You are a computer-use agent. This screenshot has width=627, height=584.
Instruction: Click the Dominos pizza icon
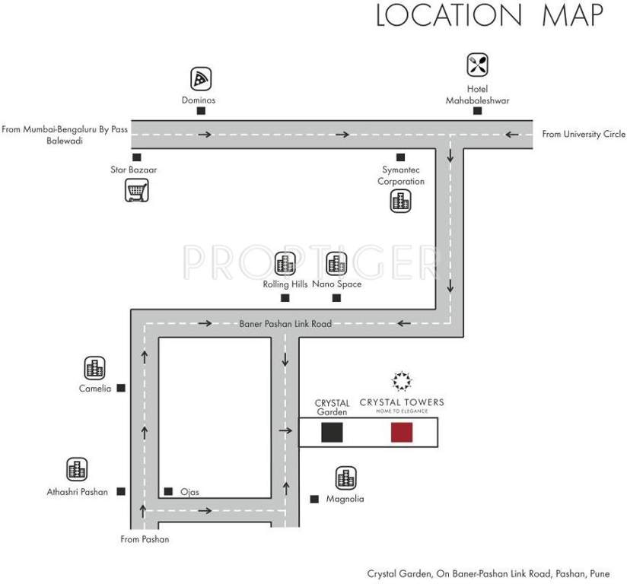pos(200,78)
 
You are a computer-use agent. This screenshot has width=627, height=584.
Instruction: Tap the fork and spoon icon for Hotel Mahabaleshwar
pos(477,65)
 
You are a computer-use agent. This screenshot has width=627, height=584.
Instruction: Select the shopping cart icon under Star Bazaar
pos(135,190)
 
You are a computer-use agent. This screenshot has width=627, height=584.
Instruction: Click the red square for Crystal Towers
pos(401,433)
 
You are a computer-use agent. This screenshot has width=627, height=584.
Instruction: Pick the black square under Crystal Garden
pos(332,433)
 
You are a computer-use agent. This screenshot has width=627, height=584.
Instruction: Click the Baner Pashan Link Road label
pos(285,324)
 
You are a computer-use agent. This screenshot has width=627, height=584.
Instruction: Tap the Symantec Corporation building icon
pos(400,202)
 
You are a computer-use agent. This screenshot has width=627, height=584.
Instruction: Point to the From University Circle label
pos(583,135)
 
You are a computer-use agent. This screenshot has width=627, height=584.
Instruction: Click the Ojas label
pos(189,492)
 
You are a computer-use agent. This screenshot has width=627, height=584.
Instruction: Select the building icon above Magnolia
pos(345,478)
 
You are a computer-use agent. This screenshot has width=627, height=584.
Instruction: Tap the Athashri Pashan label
pos(77,492)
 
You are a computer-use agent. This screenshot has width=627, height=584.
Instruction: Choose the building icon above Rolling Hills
pos(285,265)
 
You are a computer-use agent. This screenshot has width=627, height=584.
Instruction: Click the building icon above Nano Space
pos(336,265)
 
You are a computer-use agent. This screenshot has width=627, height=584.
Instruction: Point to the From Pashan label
pos(145,540)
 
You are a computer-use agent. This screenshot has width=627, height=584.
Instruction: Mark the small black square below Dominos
pos(201,111)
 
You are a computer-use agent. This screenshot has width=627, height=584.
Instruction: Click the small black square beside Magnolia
pos(313,500)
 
